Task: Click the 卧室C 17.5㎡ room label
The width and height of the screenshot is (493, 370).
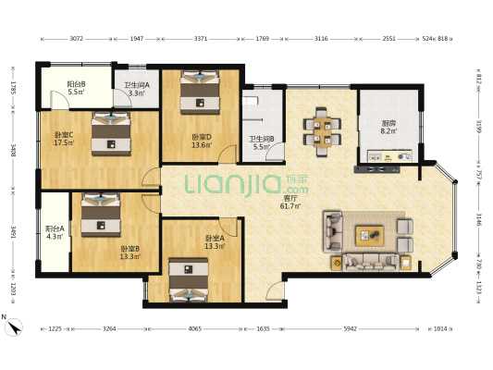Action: [65, 139]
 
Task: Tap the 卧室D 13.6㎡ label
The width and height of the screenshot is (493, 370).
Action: [202, 141]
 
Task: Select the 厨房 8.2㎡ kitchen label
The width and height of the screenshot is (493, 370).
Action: [388, 127]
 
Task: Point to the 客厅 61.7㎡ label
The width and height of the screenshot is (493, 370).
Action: [290, 203]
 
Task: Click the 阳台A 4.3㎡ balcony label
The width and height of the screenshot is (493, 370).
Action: [55, 232]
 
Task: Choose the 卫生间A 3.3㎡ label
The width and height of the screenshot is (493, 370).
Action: [137, 89]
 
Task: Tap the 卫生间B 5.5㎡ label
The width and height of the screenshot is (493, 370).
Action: [262, 142]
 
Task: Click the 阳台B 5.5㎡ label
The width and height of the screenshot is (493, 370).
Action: [76, 88]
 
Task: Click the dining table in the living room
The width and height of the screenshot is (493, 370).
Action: [322, 132]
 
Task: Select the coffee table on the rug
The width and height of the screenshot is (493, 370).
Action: [369, 236]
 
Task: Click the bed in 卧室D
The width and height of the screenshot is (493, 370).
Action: [200, 92]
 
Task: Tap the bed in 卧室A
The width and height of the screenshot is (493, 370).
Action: [189, 279]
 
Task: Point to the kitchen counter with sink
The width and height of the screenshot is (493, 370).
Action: [390, 156]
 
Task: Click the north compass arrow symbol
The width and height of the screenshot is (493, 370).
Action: [15, 327]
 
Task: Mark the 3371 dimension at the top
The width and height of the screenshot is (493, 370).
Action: [201, 39]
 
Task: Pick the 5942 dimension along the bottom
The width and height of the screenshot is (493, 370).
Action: [350, 328]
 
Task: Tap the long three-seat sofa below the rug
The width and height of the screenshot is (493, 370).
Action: [371, 262]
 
